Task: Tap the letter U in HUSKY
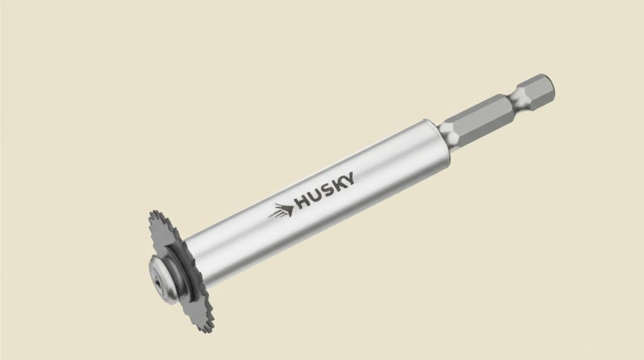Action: coord(315,195)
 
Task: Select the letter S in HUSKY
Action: coord(327,189)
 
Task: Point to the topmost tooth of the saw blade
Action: coord(154,213)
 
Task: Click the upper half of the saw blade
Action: coord(165,236)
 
